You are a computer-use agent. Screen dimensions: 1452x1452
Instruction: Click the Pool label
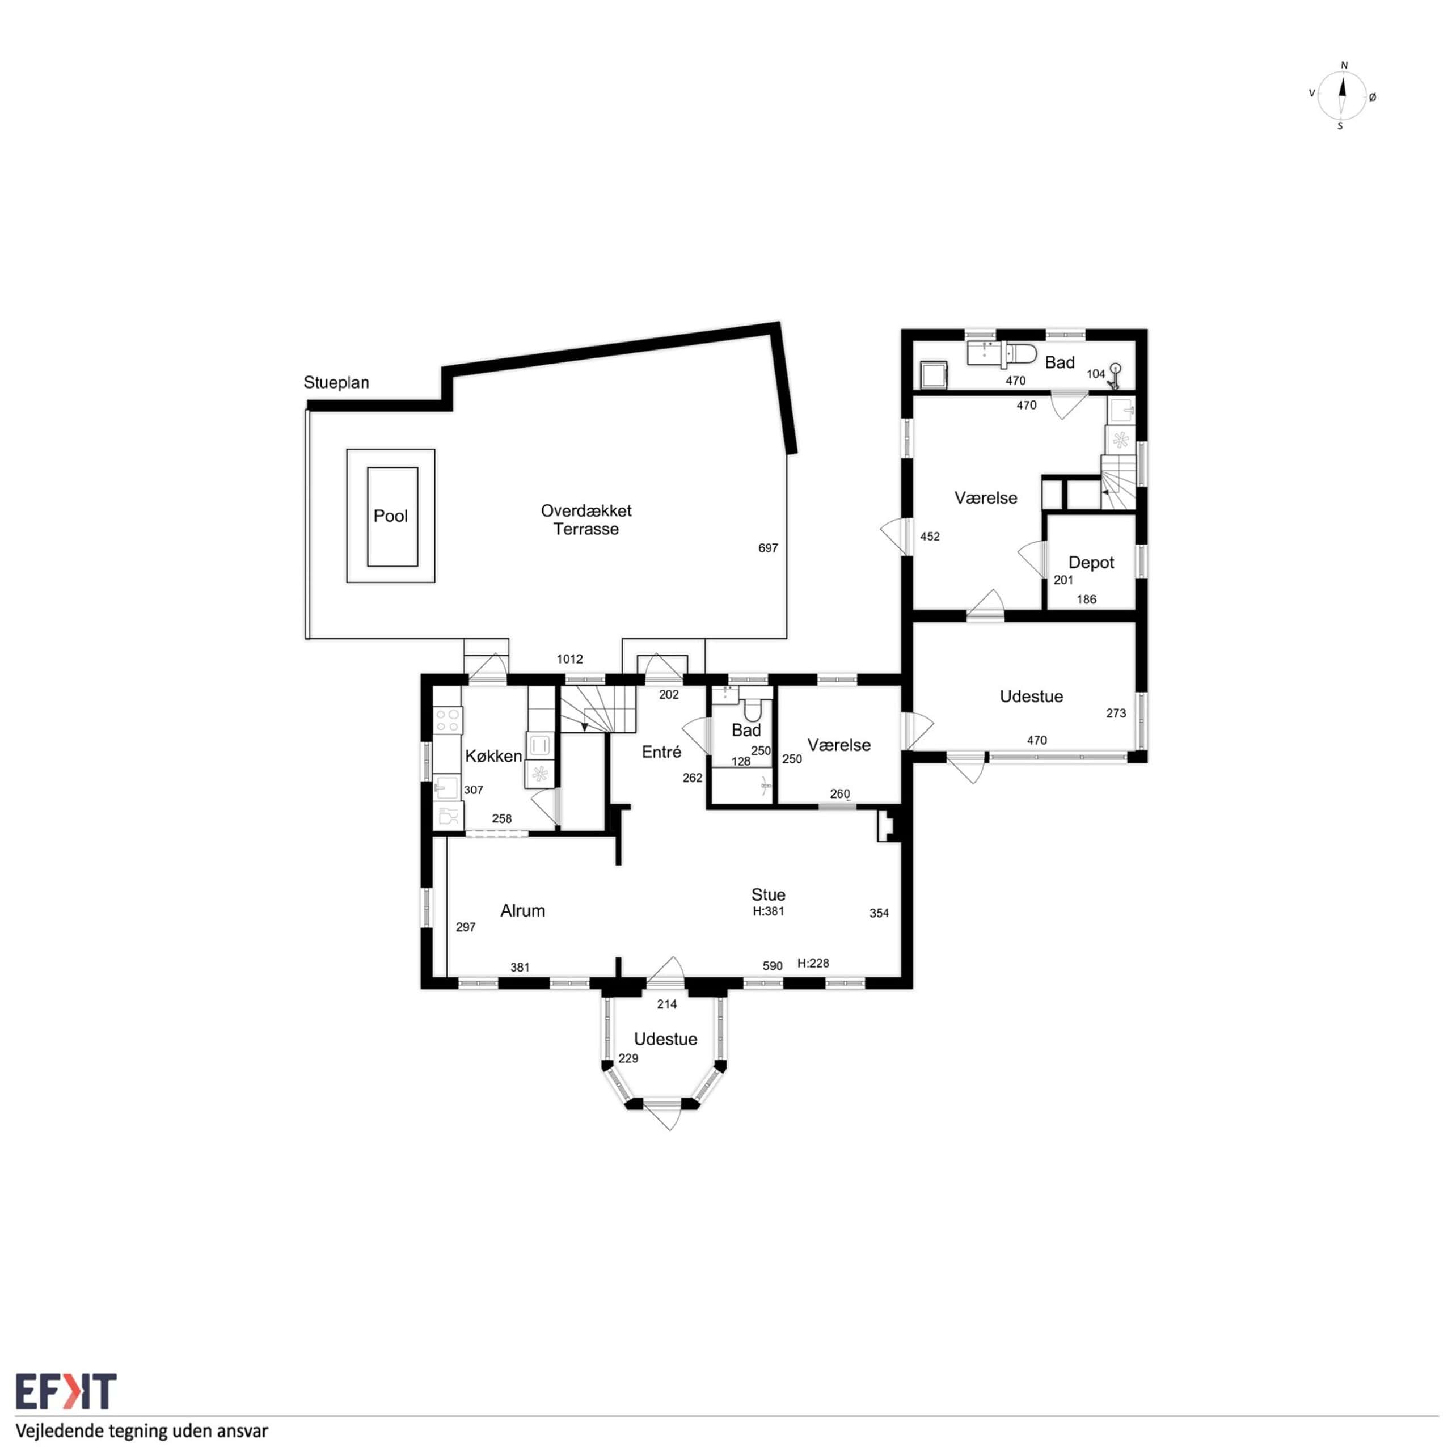391,516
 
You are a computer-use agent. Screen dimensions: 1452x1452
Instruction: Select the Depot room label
1091,563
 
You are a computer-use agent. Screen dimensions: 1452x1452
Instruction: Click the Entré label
661,752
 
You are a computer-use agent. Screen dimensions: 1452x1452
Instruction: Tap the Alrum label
522,911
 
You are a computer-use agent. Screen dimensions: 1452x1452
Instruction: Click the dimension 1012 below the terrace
569,659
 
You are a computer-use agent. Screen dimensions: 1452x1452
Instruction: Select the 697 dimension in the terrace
768,548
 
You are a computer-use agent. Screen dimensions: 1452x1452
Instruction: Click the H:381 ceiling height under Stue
769,911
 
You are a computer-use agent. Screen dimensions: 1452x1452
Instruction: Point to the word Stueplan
336,382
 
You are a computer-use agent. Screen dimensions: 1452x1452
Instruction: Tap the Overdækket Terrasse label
586,520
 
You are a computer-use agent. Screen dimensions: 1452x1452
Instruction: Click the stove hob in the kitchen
448,720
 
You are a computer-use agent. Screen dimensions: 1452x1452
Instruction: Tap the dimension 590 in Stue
773,966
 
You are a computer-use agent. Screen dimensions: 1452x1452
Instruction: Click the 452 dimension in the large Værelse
930,537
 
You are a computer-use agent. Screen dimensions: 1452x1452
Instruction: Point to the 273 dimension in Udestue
1116,713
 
